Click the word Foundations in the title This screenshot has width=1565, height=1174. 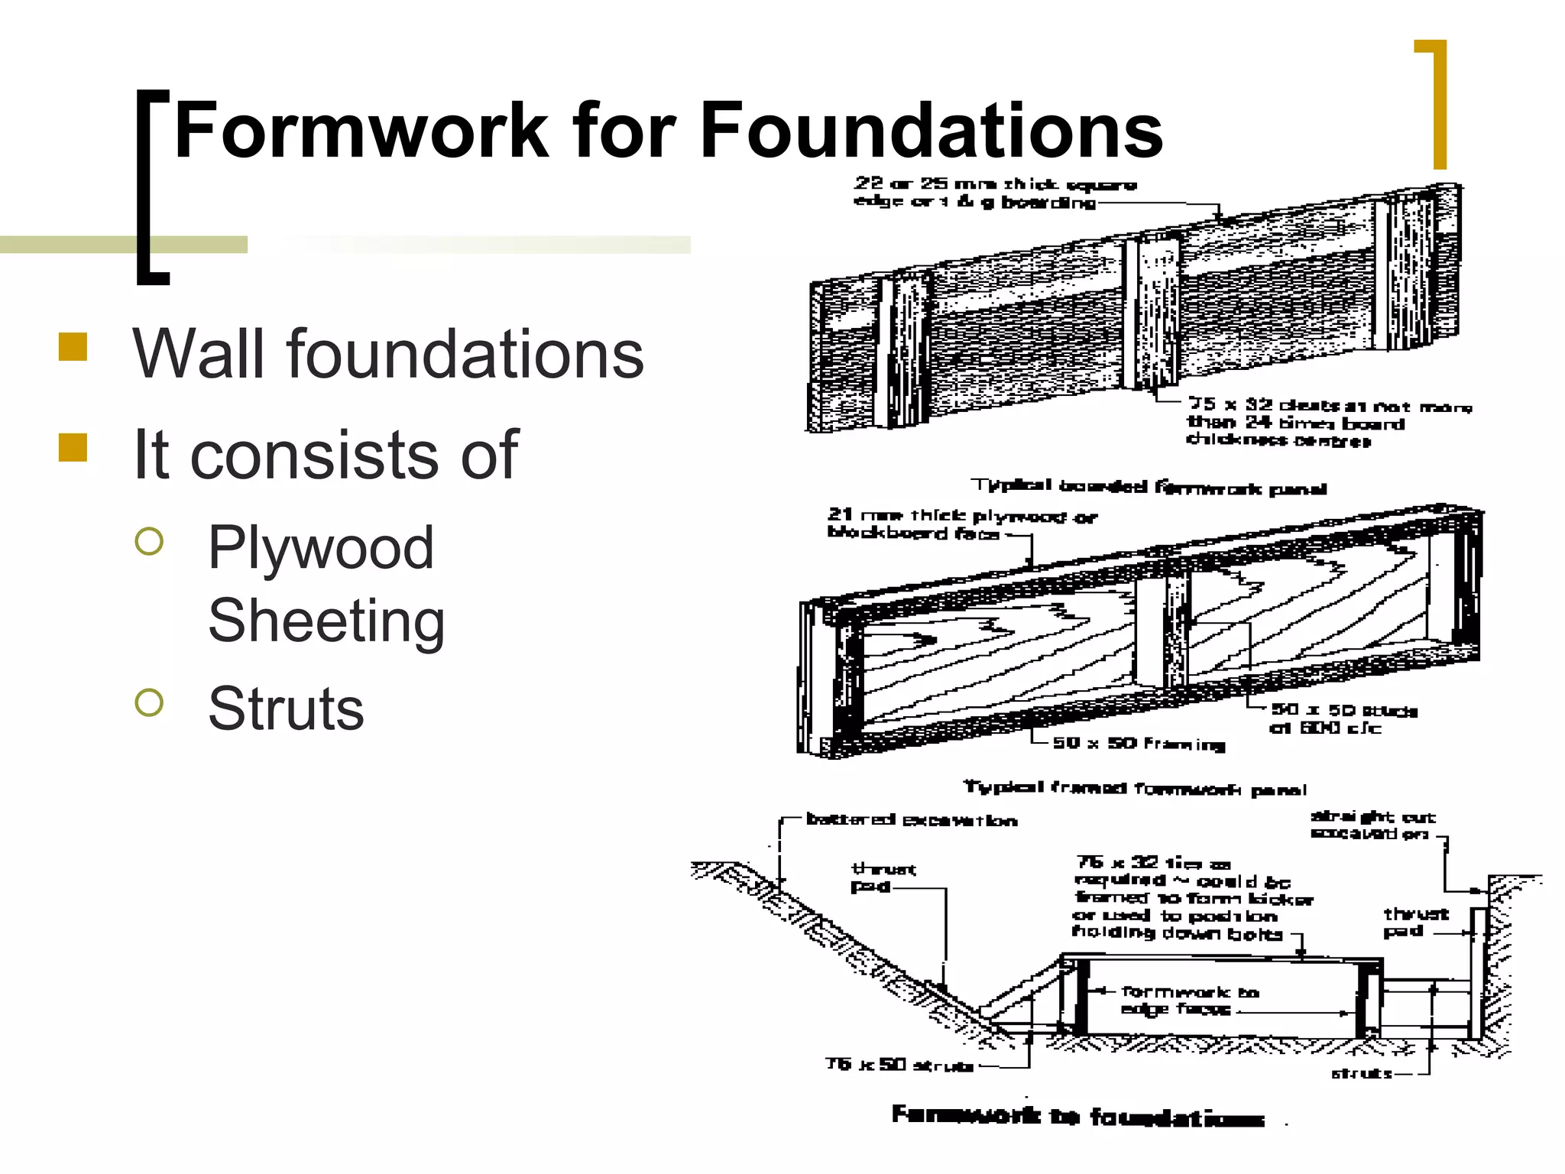931,131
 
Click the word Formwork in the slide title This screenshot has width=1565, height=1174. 361,131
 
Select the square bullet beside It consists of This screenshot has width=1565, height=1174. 73,448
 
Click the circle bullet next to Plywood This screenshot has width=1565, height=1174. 149,541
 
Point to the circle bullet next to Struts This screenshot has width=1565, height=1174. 149,702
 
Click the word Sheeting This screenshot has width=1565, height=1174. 326,621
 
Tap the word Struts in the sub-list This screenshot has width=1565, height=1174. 286,709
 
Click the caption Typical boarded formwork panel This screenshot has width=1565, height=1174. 1148,487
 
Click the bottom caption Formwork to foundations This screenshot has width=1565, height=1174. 1077,1117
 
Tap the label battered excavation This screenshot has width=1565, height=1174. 911,820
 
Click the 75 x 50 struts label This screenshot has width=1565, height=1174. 899,1065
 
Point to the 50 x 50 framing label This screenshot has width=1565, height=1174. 1139,743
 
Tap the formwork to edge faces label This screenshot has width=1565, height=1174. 1188,1000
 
